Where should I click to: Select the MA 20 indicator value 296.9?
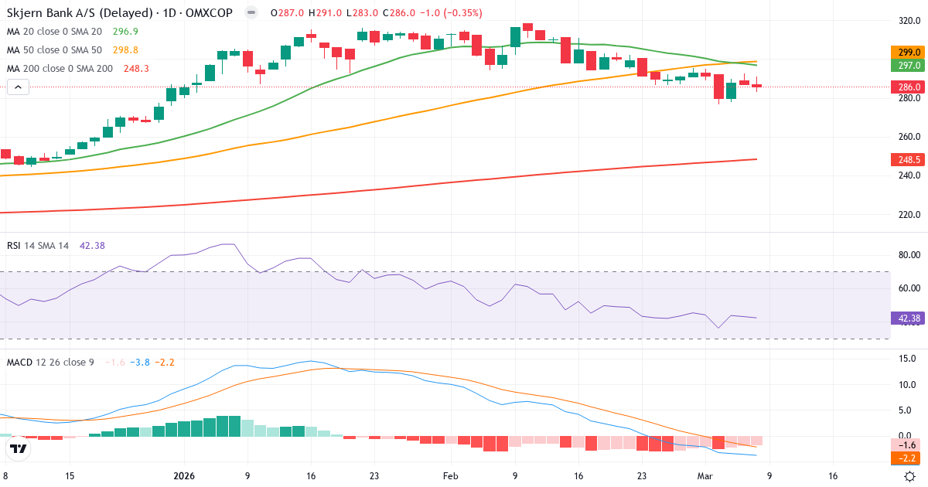125,32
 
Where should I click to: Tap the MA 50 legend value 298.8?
125,50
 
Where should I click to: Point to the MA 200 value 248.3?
136,69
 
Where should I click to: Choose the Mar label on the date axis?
704,476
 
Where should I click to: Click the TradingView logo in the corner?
19,448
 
